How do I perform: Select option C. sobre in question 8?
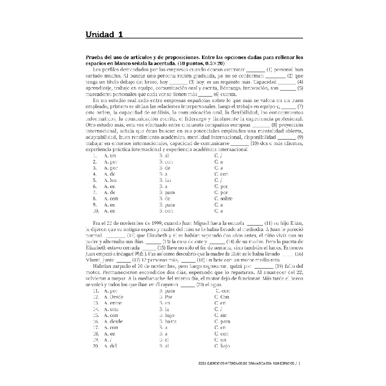(223, 198)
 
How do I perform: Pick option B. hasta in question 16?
(168, 321)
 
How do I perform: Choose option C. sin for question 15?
(221, 315)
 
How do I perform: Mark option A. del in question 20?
(110, 345)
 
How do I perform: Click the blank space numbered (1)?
(255, 69)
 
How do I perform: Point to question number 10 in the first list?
(95, 211)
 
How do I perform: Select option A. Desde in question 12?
(113, 297)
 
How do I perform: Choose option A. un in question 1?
(110, 156)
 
